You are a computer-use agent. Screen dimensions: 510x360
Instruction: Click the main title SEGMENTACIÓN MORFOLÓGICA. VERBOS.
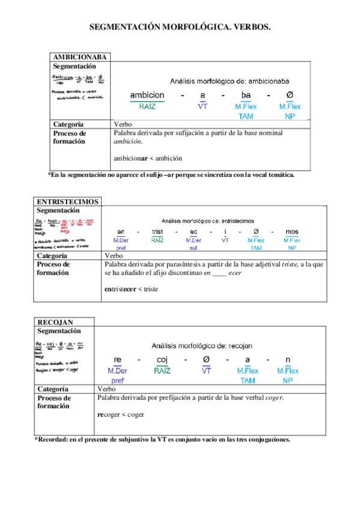(x=180, y=27)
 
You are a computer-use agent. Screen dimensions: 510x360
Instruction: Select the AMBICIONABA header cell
(x=80, y=57)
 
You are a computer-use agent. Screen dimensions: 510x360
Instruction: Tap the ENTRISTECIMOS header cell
(x=68, y=201)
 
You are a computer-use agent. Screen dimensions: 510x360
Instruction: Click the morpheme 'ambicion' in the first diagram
(x=147, y=95)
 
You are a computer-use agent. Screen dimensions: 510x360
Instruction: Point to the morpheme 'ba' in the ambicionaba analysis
(x=246, y=95)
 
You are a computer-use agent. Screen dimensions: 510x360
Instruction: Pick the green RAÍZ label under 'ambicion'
(x=147, y=106)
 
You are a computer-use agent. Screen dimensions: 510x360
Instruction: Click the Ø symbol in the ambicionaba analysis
(x=290, y=95)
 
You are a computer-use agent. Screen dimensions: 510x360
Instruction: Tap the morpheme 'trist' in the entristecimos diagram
(x=157, y=232)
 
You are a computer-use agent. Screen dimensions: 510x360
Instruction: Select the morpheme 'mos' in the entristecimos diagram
(x=291, y=232)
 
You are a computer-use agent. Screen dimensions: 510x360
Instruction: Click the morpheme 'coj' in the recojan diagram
(x=162, y=360)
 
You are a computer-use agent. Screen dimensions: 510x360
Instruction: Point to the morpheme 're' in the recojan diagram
(x=117, y=360)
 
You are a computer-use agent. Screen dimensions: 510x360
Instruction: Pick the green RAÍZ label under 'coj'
(x=162, y=370)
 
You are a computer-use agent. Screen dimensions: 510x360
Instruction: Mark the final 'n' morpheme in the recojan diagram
(x=288, y=360)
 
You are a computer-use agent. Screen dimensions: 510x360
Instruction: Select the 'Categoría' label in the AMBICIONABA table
(x=67, y=124)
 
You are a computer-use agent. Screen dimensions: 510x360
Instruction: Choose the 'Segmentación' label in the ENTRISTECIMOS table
(x=58, y=210)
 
